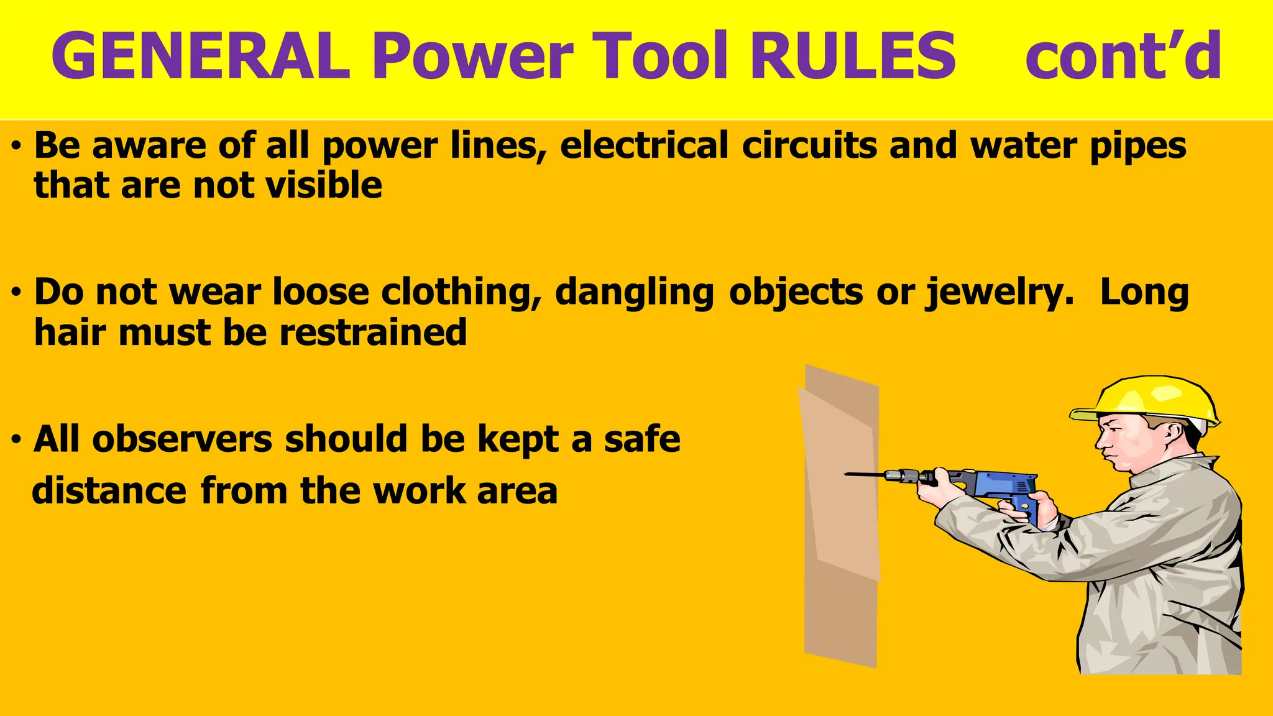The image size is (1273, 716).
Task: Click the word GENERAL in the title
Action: pyautogui.click(x=201, y=56)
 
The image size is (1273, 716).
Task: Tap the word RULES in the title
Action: pyautogui.click(x=853, y=56)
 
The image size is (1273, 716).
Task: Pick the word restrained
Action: pyautogui.click(x=373, y=332)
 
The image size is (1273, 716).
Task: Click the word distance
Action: pyautogui.click(x=109, y=490)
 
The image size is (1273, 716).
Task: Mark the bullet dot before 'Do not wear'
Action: pyautogui.click(x=17, y=293)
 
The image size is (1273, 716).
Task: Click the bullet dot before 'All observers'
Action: pyautogui.click(x=17, y=440)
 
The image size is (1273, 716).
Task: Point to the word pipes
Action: pyautogui.click(x=1138, y=147)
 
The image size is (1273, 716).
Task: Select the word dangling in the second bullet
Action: pyautogui.click(x=635, y=293)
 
